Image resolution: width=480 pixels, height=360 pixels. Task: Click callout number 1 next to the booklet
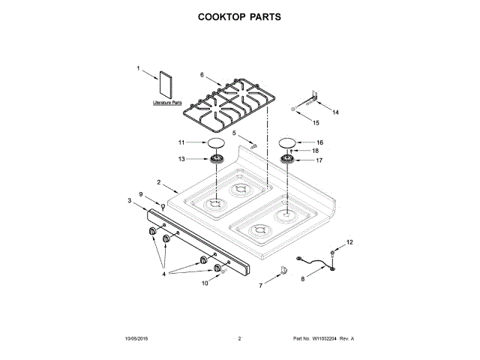(x=138, y=68)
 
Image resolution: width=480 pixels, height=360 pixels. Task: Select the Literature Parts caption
(x=167, y=102)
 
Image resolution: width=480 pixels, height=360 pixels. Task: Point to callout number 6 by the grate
(x=202, y=74)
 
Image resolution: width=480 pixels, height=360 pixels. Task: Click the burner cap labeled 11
(x=215, y=142)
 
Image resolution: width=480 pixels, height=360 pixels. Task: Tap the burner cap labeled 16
(x=289, y=142)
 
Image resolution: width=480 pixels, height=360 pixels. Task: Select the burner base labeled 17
(x=289, y=160)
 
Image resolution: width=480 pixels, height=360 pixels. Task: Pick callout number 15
(x=316, y=122)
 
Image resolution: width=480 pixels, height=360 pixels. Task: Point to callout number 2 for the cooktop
(x=159, y=182)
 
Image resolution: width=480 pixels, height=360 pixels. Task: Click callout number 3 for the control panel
(x=129, y=200)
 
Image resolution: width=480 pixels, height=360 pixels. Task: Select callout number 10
(x=204, y=283)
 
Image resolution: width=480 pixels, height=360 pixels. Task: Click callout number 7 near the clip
(x=262, y=286)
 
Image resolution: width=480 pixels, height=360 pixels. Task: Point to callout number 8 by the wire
(x=303, y=277)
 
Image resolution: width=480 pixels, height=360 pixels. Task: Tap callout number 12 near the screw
(x=348, y=242)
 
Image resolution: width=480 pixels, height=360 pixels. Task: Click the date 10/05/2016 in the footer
(x=137, y=339)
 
